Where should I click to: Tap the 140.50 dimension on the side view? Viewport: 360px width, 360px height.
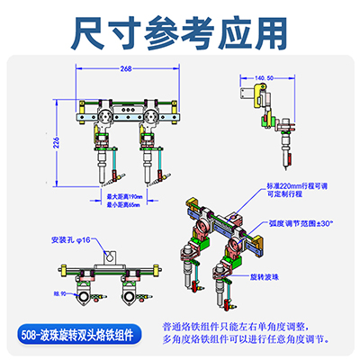point(264,78)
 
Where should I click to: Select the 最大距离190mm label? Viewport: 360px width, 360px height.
point(125,195)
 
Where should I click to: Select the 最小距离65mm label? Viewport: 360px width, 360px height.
point(125,204)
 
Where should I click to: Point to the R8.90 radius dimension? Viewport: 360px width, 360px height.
point(61,294)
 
